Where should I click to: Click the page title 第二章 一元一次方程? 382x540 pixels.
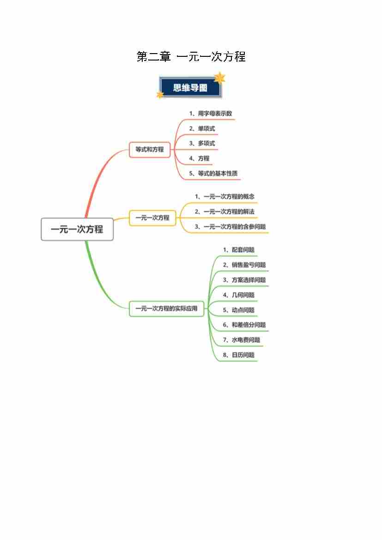pyautogui.click(x=191, y=56)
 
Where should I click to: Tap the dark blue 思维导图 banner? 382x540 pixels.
pyautogui.click(x=190, y=87)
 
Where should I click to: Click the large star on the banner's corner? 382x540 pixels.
pyautogui.click(x=219, y=78)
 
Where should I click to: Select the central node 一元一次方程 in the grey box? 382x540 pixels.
pyautogui.click(x=77, y=229)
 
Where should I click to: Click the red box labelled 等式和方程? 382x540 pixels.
pyautogui.click(x=150, y=150)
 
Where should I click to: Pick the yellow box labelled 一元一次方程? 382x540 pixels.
pyautogui.click(x=152, y=218)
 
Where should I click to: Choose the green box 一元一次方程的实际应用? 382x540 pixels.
pyautogui.click(x=166, y=308)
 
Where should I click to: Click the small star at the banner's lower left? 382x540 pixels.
pyautogui.click(x=160, y=94)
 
